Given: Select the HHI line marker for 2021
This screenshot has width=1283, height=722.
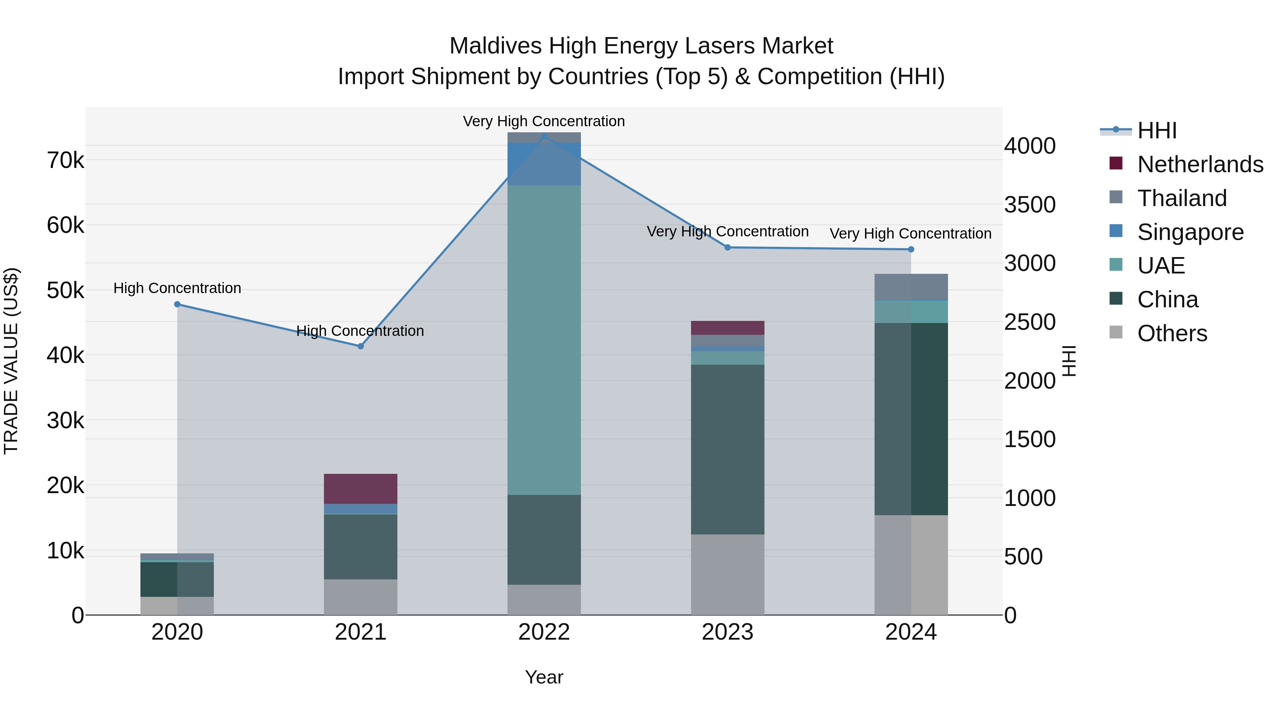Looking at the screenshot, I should pyautogui.click(x=361, y=346).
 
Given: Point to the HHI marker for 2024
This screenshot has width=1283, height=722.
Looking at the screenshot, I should pyautogui.click(x=911, y=250).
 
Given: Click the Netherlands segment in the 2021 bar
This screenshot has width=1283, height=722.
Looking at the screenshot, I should pyautogui.click(x=361, y=489).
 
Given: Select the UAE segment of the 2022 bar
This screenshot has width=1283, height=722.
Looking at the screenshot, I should pyautogui.click(x=544, y=340).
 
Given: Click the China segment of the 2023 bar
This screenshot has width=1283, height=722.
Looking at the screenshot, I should pyautogui.click(x=727, y=450).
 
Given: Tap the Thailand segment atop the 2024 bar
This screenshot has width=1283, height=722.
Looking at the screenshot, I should pyautogui.click(x=911, y=287).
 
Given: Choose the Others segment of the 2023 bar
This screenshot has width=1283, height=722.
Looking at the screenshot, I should pyautogui.click(x=727, y=574).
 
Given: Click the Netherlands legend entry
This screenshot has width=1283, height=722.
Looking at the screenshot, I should pyautogui.click(x=1200, y=164).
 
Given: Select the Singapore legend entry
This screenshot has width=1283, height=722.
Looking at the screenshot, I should pyautogui.click(x=1190, y=232).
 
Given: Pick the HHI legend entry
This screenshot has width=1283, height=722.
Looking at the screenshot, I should pyautogui.click(x=1156, y=130).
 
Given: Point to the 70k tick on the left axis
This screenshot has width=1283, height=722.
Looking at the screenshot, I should pyautogui.click(x=65, y=161).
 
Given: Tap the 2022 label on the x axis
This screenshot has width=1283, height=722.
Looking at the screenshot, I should pyautogui.click(x=544, y=632).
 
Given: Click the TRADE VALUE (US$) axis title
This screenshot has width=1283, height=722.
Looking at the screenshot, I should pyautogui.click(x=11, y=361).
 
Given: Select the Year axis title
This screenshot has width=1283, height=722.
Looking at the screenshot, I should pyautogui.click(x=544, y=677).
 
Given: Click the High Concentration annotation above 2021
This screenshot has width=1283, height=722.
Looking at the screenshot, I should pyautogui.click(x=360, y=331).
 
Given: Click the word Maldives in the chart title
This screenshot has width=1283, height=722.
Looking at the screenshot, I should pyautogui.click(x=495, y=46).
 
